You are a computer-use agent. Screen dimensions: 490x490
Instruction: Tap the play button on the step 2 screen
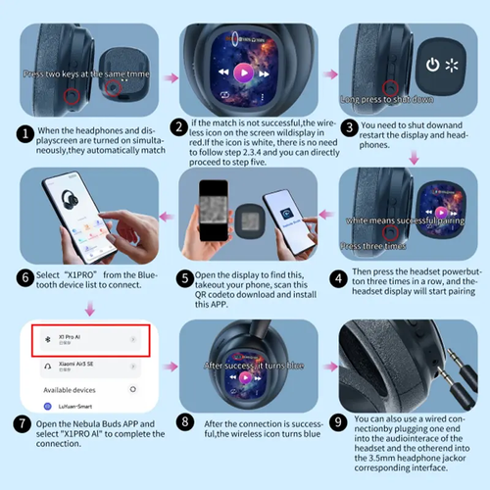click(244, 72)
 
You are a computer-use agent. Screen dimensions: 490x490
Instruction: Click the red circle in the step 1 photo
click(71, 96)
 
